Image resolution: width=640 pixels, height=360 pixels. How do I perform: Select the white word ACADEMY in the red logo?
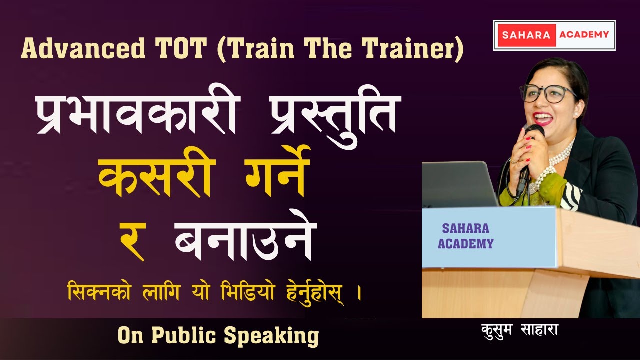tap(584, 35)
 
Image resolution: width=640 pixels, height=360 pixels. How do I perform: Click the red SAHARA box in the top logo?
tap(526, 35)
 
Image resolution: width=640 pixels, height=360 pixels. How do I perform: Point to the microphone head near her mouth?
tap(534, 131)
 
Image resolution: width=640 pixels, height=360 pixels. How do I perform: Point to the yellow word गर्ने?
tap(272, 177)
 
